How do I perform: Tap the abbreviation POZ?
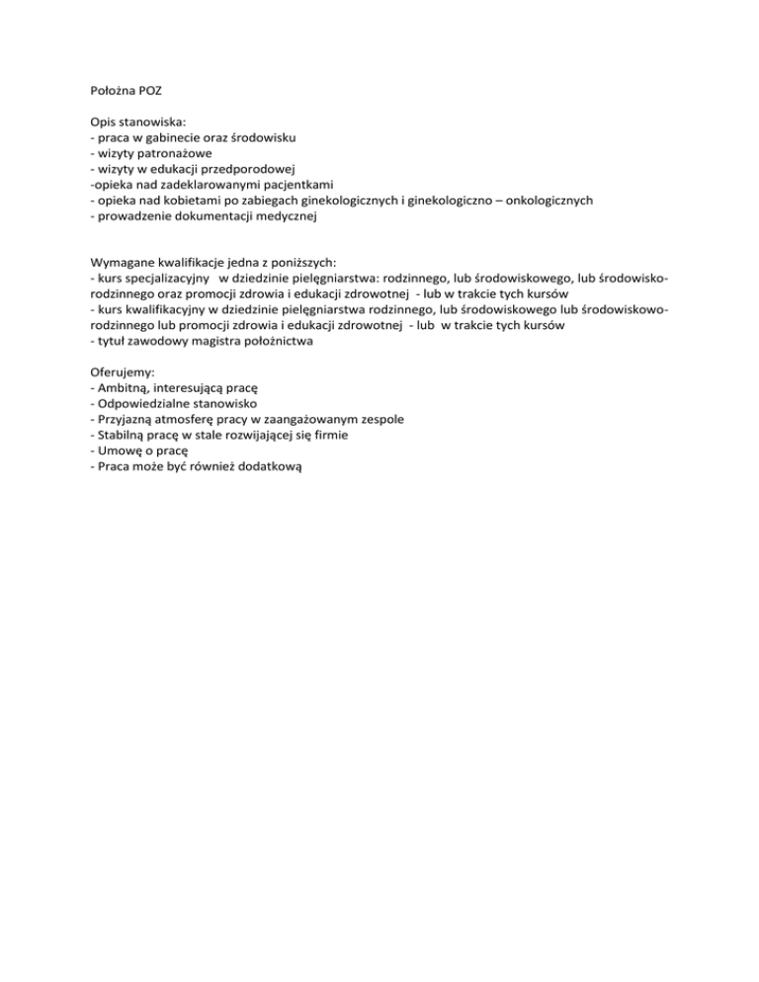pyautogui.click(x=151, y=90)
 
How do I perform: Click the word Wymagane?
pyautogui.click(x=122, y=263)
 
